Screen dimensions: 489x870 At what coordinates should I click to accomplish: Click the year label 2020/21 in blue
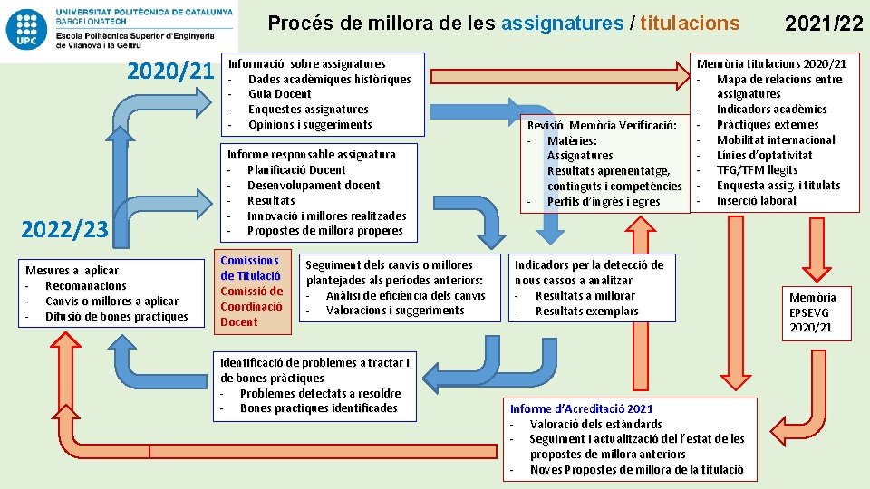point(170,71)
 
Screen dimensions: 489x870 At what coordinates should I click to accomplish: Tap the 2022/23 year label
point(64,230)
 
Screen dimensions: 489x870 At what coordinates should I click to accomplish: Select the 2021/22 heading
point(822,24)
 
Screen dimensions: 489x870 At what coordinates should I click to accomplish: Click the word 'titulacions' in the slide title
point(690,23)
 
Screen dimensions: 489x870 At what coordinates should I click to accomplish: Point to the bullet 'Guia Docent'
point(279,94)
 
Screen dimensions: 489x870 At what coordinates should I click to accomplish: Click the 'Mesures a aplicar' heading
point(72,270)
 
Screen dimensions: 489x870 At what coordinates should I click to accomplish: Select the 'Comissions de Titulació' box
point(250,268)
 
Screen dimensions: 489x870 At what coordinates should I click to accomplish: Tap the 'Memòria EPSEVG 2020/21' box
point(812,312)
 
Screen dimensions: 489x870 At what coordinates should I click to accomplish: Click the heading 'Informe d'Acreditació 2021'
point(581,409)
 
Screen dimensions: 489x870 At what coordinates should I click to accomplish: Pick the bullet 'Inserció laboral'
point(756,201)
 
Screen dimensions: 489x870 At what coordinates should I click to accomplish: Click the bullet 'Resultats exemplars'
point(586,312)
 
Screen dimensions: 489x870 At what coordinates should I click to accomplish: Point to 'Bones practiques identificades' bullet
point(318,408)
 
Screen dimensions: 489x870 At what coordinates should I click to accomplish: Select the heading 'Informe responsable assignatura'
point(311,155)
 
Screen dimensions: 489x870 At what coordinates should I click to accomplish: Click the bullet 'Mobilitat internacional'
point(776,140)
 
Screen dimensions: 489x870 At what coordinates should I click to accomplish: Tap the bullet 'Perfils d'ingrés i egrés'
point(604,202)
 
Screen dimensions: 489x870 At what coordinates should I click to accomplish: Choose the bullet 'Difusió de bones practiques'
point(116,317)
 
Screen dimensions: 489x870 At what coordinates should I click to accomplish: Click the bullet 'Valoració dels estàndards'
point(595,424)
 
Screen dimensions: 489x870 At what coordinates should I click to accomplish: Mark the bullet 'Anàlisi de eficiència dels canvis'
point(405,295)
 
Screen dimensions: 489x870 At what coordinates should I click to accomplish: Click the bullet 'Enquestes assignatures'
point(308,110)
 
